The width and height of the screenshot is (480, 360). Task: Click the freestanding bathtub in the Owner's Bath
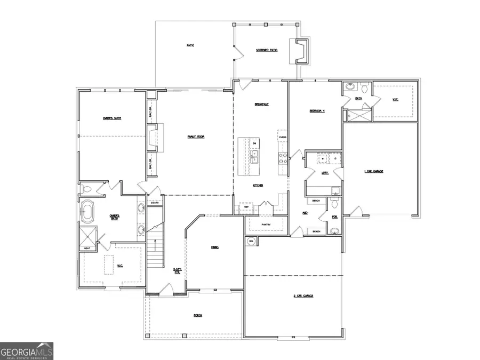87,211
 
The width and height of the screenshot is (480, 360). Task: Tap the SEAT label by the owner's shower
87,248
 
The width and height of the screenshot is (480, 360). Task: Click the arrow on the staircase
155,245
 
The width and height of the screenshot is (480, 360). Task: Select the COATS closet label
155,202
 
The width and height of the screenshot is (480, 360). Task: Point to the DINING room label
214,247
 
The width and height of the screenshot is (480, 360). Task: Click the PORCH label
197,315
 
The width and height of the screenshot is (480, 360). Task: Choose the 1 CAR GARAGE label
373,171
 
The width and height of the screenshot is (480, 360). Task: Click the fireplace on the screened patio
301,51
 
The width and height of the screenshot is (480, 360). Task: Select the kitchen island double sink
254,156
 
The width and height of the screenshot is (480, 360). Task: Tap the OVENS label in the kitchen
282,137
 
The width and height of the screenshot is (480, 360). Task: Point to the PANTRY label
266,225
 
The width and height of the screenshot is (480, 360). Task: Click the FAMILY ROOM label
196,137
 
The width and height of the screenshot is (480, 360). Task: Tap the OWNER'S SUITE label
111,118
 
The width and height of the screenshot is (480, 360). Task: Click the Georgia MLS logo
27,351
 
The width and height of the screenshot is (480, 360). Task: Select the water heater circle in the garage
251,241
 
